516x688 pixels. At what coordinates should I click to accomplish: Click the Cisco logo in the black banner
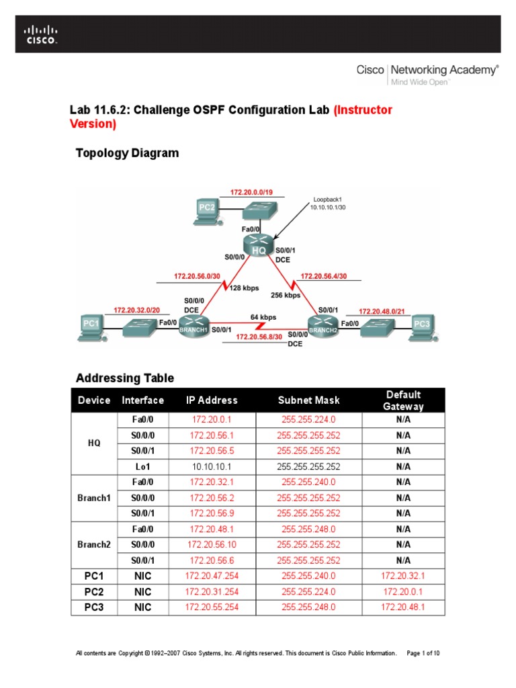42,34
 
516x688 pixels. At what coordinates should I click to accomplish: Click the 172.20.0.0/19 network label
251,192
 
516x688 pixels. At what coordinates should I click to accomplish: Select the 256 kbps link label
285,295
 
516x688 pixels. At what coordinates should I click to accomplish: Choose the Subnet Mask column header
308,400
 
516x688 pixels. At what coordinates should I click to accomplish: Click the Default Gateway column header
403,400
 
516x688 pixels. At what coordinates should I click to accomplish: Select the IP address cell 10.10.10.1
212,466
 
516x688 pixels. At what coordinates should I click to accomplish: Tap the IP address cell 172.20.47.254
212,576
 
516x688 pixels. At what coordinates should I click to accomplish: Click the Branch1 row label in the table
93,498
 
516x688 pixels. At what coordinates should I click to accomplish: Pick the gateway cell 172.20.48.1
403,607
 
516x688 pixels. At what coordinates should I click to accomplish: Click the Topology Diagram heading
128,153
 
